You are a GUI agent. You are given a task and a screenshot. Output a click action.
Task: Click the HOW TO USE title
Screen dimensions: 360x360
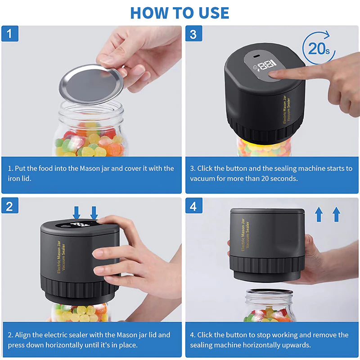point(180,12)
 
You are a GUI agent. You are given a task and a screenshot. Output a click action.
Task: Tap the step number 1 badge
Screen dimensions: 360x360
point(9,34)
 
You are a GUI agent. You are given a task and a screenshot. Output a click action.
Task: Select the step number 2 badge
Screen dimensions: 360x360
point(9,206)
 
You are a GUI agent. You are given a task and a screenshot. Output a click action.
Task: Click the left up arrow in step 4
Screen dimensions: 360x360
point(319,215)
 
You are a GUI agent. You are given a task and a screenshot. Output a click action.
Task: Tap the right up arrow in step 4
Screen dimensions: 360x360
point(336,215)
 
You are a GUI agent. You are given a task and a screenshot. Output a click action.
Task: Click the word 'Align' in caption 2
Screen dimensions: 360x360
point(25,335)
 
